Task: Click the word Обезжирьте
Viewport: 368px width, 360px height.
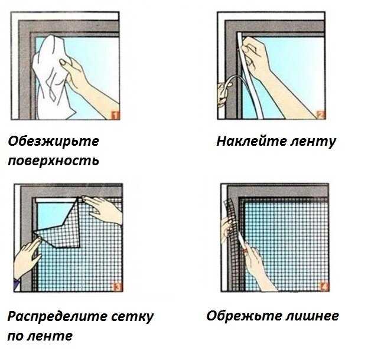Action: point(54,142)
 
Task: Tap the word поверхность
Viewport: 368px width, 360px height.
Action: point(54,161)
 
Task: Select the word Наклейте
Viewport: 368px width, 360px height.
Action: point(252,141)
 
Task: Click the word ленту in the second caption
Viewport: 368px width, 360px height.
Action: point(313,142)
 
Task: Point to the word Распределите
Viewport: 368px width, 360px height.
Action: point(57,317)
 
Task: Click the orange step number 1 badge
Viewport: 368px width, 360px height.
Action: point(115,116)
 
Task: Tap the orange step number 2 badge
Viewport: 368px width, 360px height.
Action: point(321,115)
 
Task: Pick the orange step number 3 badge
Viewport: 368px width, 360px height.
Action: point(118,287)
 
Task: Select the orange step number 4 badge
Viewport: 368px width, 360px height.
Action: point(324,287)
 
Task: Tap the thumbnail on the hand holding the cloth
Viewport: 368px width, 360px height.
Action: point(63,63)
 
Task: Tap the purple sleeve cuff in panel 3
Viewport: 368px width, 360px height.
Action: point(17,284)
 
